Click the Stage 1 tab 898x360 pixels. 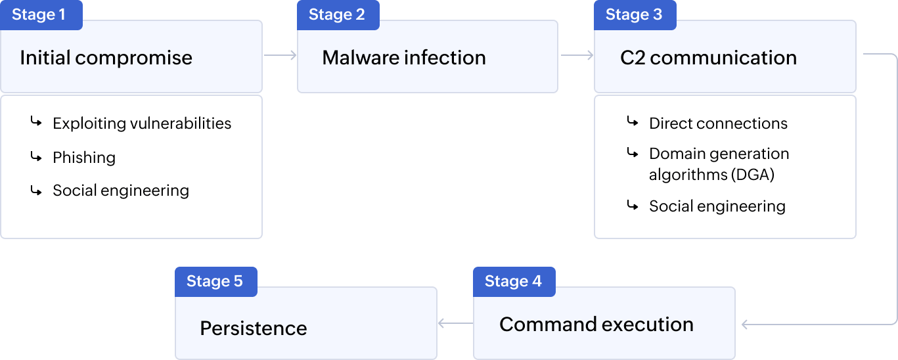click(39, 15)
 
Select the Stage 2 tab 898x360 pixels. click(336, 15)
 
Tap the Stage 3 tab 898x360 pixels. click(633, 15)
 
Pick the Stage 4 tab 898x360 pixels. click(513, 281)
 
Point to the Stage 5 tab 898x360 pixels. click(215, 281)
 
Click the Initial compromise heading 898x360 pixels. click(106, 58)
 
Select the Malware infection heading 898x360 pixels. click(403, 58)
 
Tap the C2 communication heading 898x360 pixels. click(708, 58)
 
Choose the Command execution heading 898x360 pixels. click(596, 325)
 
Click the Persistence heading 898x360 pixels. click(253, 328)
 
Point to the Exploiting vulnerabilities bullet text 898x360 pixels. click(142, 124)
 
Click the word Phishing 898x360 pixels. click(84, 158)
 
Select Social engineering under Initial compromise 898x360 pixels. click(121, 191)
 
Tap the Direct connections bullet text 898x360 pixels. click(718, 124)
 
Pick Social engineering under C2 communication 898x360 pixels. click(717, 206)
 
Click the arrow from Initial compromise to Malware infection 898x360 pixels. click(281, 56)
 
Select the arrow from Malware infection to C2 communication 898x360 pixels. click(577, 56)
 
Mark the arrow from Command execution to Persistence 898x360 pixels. click(455, 323)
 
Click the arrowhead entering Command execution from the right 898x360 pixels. click(745, 324)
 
